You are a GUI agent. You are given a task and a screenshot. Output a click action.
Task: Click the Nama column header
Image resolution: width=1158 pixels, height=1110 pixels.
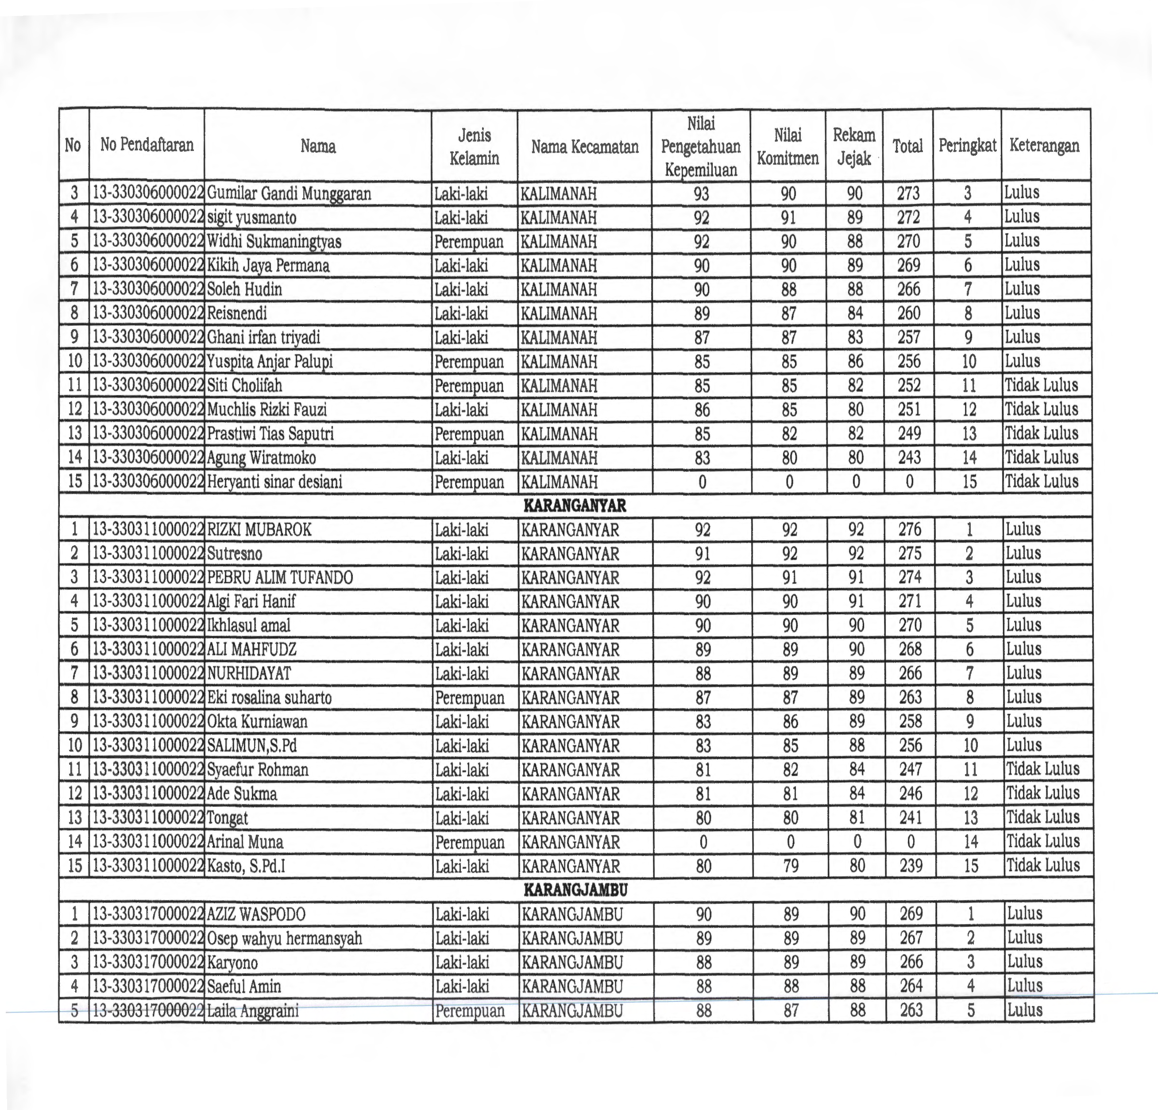318,145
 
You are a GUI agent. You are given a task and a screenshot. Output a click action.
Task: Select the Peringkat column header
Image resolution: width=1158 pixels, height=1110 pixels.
967,145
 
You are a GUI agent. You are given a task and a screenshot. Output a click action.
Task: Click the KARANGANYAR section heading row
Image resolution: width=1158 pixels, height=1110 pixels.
575,506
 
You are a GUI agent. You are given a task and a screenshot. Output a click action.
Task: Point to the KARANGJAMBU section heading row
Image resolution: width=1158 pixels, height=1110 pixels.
575,890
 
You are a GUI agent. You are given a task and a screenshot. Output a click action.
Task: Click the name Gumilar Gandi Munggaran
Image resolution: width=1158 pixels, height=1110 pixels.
289,194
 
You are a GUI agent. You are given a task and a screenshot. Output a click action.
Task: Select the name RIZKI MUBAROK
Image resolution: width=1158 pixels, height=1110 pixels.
259,530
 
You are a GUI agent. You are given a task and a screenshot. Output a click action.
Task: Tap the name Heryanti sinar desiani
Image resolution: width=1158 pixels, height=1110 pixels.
275,482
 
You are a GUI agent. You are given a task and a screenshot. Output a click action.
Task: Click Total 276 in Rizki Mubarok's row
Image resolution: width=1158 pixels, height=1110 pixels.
910,530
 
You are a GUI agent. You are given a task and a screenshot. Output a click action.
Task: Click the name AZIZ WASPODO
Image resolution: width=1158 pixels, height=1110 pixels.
256,914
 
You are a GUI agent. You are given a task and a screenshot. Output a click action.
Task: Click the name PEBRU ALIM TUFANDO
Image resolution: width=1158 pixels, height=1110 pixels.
280,578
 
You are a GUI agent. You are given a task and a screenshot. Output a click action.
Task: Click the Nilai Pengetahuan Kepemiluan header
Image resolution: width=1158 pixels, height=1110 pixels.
701,146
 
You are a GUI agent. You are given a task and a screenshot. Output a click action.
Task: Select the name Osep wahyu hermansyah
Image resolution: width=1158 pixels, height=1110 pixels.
285,939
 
